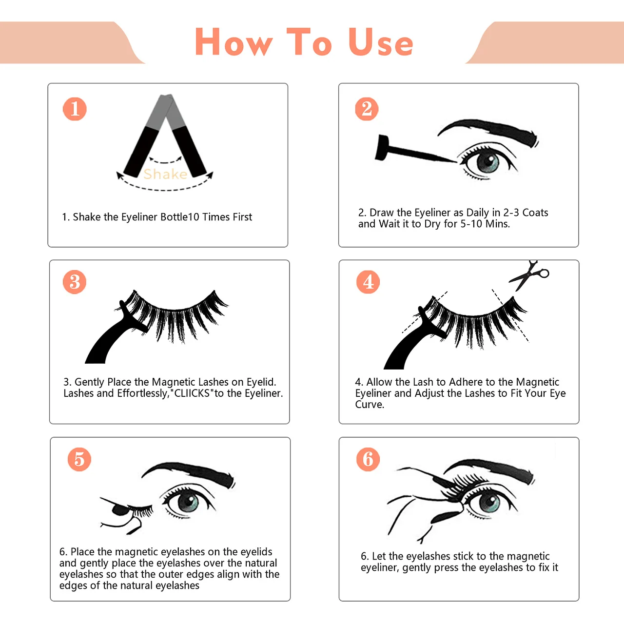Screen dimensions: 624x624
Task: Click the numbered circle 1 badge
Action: tap(75, 109)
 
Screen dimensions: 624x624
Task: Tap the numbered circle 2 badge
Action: tap(367, 109)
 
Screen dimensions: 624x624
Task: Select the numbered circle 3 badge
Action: tap(75, 282)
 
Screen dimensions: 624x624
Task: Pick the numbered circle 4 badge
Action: tap(368, 282)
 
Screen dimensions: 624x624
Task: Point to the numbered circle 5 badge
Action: tap(79, 460)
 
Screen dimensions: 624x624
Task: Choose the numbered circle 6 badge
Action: tap(368, 460)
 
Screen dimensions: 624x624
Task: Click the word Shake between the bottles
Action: tap(165, 174)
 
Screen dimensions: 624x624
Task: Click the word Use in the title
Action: tap(381, 42)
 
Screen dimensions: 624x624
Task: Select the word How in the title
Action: tap(234, 42)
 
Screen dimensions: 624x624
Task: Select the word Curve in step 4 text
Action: tap(370, 405)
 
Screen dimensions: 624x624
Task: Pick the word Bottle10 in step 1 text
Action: tap(180, 217)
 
